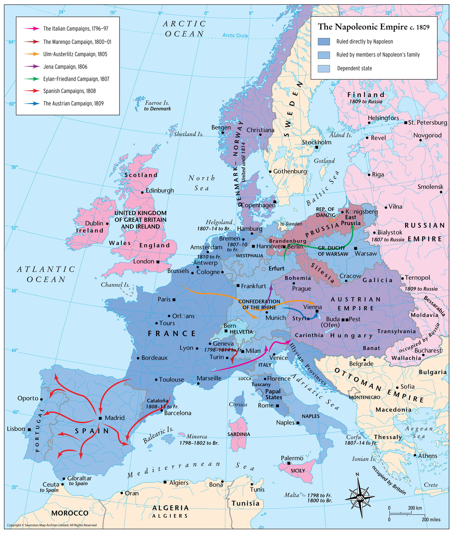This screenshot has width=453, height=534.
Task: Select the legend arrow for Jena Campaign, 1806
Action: [32, 66]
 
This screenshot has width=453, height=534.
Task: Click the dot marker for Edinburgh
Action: [142, 192]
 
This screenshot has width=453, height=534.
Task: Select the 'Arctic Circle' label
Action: [235, 35]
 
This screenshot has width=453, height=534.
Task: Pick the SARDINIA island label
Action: [239, 434]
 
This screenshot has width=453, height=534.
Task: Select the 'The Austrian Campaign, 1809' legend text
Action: [73, 103]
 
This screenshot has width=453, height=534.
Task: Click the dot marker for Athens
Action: [415, 455]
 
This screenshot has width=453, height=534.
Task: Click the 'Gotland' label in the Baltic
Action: [324, 161]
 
